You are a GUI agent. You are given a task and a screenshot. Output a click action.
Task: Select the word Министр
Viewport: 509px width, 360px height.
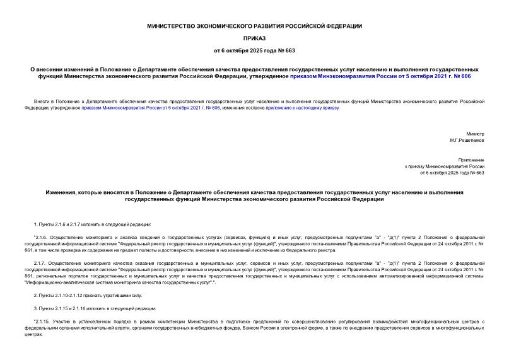coord(475,134)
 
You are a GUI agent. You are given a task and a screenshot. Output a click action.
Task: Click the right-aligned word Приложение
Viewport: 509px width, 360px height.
coord(471,160)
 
